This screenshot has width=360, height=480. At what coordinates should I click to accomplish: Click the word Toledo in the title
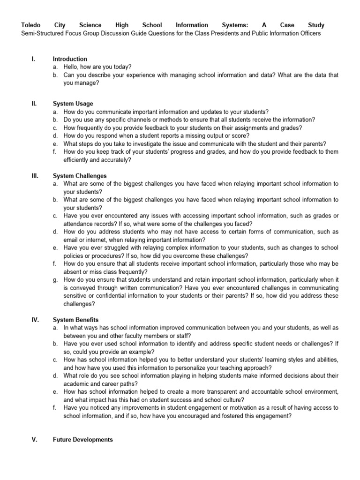coord(31,25)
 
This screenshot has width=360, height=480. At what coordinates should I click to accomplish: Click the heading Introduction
coord(70,59)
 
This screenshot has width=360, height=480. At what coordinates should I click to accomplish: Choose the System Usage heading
coord(73,104)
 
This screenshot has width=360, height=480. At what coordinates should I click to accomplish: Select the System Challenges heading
coord(80,176)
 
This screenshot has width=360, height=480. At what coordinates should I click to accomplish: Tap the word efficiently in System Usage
coord(78,160)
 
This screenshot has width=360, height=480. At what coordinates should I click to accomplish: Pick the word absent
coord(73,271)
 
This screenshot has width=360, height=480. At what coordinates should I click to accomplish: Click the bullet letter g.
coord(55,279)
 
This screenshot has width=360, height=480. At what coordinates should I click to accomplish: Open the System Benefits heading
coord(76,320)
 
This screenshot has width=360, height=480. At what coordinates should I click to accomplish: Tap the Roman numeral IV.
coord(35,320)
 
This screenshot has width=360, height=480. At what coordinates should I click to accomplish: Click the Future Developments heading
coord(83,440)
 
